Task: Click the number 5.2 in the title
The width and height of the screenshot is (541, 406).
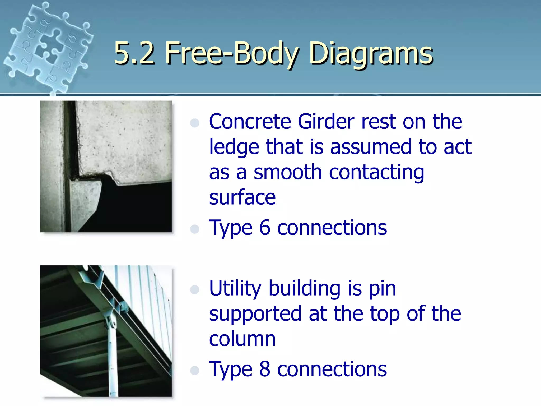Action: [134, 54]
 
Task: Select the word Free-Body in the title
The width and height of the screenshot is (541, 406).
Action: [232, 54]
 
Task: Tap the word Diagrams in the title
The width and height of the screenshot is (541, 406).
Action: [371, 54]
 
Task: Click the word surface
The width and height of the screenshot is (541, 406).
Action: [242, 197]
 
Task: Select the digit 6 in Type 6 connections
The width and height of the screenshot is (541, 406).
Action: [265, 228]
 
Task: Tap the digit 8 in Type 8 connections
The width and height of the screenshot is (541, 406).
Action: [265, 369]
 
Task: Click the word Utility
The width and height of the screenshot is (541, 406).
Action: [235, 288]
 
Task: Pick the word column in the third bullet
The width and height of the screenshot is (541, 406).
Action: [242, 339]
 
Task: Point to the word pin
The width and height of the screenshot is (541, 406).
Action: [382, 288]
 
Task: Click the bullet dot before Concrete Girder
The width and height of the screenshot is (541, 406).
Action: [195, 123]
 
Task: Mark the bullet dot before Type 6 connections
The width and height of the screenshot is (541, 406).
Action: [195, 229]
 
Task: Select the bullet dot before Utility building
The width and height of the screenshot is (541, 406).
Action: [195, 290]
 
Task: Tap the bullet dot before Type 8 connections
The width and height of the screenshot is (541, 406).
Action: [195, 370]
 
